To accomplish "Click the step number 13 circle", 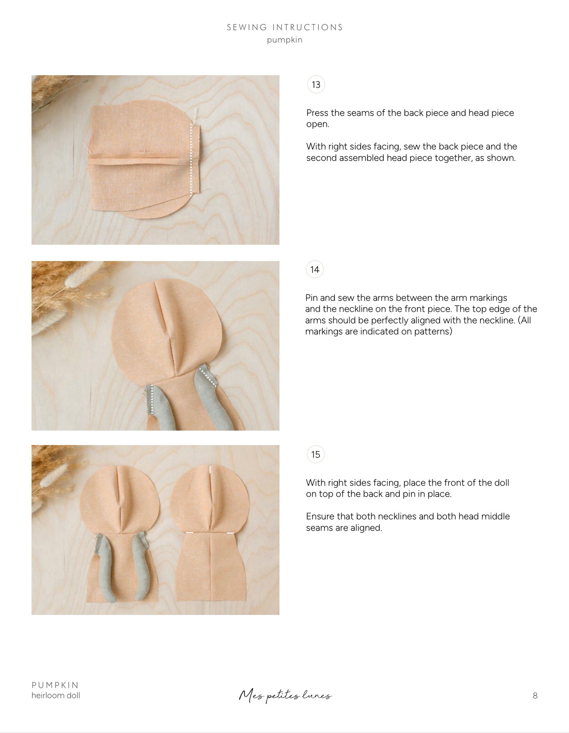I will click(x=316, y=85).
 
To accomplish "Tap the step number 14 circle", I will click(x=315, y=270).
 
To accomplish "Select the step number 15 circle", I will click(x=315, y=455).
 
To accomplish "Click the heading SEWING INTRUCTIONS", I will click(x=285, y=27).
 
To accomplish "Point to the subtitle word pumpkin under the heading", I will click(x=285, y=40).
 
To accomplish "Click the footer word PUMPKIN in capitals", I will click(x=55, y=685).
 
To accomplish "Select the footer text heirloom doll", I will click(x=56, y=696).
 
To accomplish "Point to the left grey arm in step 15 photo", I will click(x=106, y=567).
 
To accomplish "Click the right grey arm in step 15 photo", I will click(x=141, y=567).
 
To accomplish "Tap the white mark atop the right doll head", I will click(x=210, y=469).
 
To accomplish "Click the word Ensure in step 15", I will click(x=320, y=516).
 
